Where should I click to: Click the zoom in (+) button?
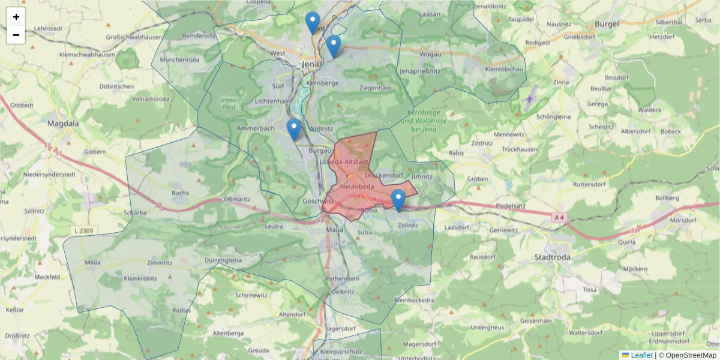coord(16,17)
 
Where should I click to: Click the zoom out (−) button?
coord(16,35)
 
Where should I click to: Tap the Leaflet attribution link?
coord(641,355)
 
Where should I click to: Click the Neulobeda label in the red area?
coord(357,187)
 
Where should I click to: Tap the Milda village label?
coord(92,263)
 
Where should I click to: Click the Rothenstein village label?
coord(341,279)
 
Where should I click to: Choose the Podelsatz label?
coord(511,207)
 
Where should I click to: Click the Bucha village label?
coord(180,193)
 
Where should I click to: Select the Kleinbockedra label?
coord(413,299)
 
